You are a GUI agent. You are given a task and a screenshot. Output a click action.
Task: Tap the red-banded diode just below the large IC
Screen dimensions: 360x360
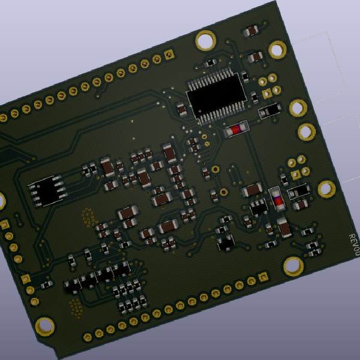(x=235, y=129)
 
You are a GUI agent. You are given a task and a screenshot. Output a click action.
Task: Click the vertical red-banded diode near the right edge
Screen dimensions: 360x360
(x=277, y=197)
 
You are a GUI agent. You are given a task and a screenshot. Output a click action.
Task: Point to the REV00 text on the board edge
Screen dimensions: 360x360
(x=353, y=246)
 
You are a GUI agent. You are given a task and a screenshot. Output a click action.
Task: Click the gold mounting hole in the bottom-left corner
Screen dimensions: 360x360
(x=44, y=326)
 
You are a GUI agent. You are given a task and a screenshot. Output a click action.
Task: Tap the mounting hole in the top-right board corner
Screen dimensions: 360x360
(x=278, y=49)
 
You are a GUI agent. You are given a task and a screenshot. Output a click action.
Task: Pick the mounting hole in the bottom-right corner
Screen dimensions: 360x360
(x=293, y=266)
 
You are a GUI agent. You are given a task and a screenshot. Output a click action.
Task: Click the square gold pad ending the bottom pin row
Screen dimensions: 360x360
(x=263, y=277)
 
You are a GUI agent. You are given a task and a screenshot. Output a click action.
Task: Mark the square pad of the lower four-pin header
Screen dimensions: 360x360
(x=296, y=175)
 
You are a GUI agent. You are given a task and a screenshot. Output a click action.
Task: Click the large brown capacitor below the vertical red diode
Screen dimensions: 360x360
(x=284, y=229)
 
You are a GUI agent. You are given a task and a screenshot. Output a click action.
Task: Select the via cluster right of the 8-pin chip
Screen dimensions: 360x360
(x=88, y=215)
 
